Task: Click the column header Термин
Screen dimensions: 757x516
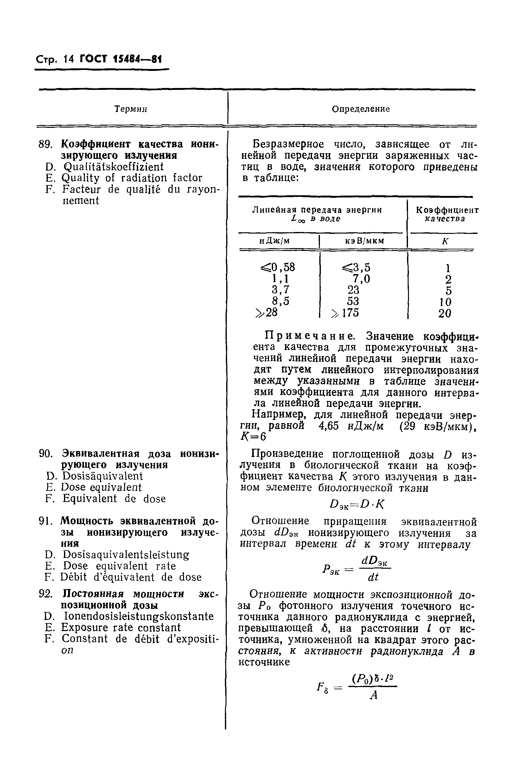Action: click(131, 109)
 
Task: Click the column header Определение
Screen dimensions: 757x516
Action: click(360, 109)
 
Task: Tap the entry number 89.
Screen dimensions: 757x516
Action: click(45, 144)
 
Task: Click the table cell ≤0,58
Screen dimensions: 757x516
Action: click(278, 267)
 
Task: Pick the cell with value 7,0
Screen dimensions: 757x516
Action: click(361, 279)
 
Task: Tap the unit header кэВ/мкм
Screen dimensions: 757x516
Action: click(364, 241)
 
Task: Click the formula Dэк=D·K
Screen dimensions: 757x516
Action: click(357, 504)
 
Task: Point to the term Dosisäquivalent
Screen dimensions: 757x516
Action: click(102, 476)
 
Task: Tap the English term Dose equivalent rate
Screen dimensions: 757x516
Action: click(119, 566)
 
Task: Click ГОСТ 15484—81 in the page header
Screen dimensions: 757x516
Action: click(120, 59)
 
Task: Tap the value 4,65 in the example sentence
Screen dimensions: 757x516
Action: click(328, 426)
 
